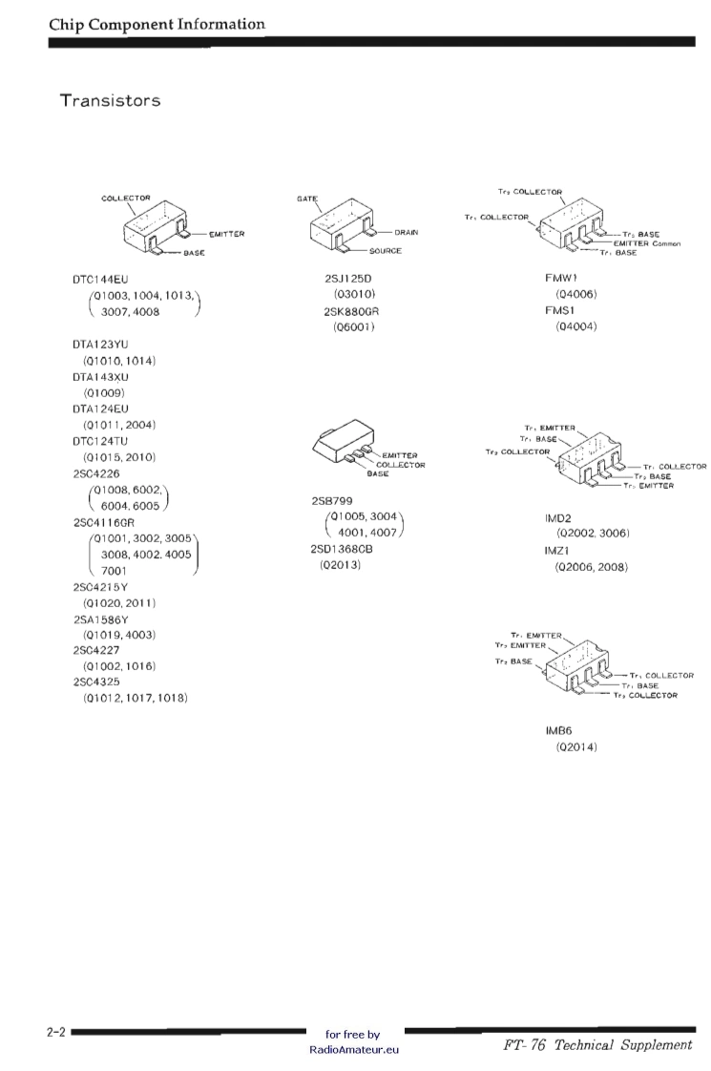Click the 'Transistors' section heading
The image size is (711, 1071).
[x=110, y=99]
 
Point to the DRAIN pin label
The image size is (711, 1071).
[x=406, y=232]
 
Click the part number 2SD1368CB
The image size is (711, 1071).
[x=347, y=549]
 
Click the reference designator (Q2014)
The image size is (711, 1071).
[x=576, y=746]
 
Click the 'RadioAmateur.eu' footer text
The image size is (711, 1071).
[x=353, y=1049]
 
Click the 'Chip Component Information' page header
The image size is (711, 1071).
[x=157, y=23]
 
